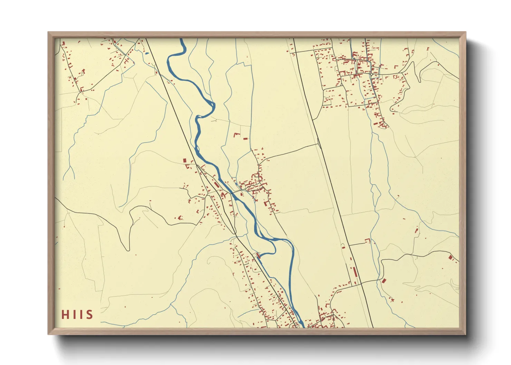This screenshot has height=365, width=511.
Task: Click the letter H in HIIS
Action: [65, 315]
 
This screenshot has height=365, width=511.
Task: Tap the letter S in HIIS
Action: [90, 315]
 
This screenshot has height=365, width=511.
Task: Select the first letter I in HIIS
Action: [73, 315]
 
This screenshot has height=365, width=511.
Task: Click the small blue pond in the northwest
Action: [147, 53]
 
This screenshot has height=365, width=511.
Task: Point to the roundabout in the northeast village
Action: [371, 74]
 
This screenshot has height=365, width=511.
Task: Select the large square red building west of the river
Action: [185, 161]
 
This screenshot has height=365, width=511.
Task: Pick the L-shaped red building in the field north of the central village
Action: [237, 134]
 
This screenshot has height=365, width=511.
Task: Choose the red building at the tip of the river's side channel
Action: [258, 255]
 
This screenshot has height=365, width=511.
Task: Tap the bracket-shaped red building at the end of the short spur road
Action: [368, 240]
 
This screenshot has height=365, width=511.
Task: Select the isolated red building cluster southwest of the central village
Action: [179, 218]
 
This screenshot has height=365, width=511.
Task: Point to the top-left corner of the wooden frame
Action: [48, 32]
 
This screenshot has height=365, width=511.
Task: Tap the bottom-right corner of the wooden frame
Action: [466, 334]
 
